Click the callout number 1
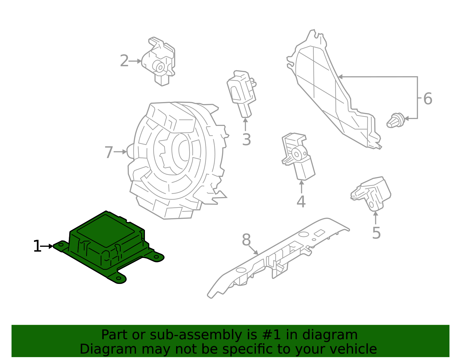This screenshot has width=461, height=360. coord(37,246)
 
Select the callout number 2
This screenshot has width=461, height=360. coord(124,61)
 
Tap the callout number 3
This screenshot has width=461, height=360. coord(246,140)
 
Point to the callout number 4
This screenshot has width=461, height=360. coord(301,202)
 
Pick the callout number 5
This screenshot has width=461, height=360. coord(376,233)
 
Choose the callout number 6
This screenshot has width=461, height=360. coord(428,99)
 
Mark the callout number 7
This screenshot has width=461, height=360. coord(109,152)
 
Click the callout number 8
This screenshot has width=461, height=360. coord(246,240)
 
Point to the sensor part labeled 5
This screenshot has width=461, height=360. coord(372,193)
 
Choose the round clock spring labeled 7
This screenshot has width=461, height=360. coord(176,159)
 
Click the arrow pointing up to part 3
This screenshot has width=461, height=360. coord(245,125)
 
